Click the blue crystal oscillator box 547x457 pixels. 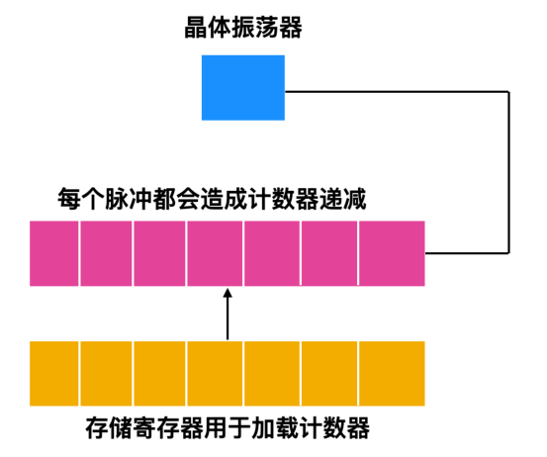click(242, 87)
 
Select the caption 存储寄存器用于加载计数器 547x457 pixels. click(228, 430)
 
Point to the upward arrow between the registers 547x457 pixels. click(228, 315)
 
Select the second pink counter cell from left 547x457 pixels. click(106, 254)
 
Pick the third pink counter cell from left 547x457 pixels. click(159, 254)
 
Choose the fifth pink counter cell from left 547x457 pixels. click(271, 254)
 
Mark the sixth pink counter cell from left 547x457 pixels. click(328, 254)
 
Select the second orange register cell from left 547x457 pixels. click(106, 372)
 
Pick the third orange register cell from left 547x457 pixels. click(159, 372)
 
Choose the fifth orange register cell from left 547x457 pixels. click(271, 372)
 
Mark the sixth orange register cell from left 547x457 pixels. click(328, 372)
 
